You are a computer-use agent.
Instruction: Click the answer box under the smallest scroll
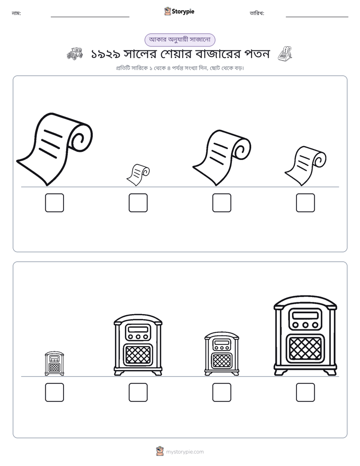point(138,203)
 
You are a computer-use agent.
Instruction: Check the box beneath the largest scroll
point(54,203)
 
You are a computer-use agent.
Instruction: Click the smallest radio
point(54,364)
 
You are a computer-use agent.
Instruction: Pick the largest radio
point(306,335)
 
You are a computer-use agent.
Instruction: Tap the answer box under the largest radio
point(306,392)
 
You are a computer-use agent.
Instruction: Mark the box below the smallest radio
point(54,392)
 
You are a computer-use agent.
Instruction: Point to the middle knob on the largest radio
point(306,325)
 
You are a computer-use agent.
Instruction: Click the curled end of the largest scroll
point(81,138)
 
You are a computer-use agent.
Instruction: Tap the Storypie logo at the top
point(179,11)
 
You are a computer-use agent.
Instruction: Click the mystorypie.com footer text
point(185,452)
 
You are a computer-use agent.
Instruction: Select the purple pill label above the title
point(179,40)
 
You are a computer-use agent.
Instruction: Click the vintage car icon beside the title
point(75,53)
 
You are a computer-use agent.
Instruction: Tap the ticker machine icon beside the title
point(285,53)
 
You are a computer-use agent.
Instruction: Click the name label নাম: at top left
point(16,14)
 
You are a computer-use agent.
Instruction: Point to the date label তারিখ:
point(257,13)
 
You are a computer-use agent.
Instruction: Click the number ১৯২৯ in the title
point(105,54)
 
